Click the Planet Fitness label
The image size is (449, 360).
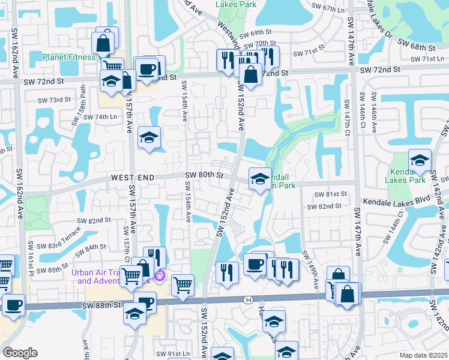(68, 58)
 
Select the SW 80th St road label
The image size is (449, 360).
(204, 175)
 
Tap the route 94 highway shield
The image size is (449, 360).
(248, 299)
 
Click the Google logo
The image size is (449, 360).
(20, 353)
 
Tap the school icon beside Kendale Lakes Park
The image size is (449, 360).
(420, 160)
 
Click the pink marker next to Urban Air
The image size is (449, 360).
(159, 276)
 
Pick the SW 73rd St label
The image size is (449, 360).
(55, 100)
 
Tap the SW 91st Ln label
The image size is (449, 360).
(172, 353)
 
